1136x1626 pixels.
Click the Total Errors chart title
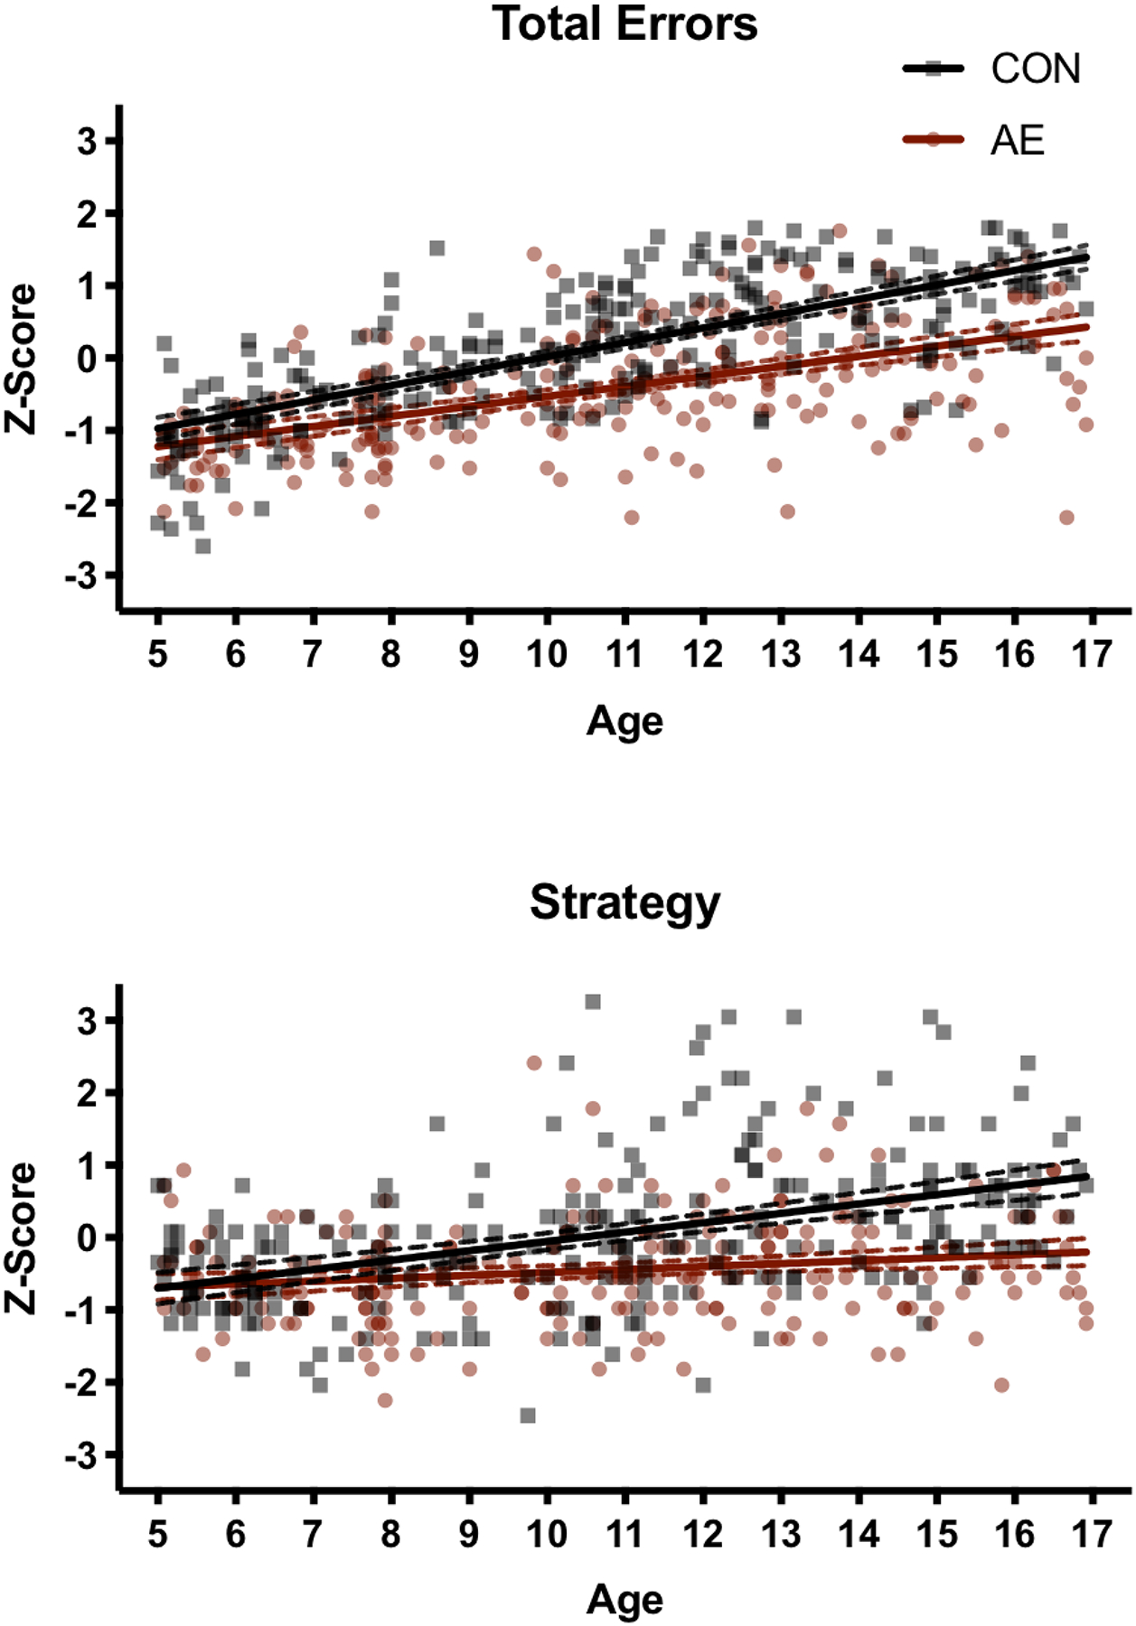625,24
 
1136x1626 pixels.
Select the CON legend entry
1035,70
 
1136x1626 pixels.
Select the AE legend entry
1018,141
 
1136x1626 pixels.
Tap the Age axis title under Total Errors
624,722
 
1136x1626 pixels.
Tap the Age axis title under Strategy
624,1601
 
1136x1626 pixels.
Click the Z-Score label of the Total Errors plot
22,359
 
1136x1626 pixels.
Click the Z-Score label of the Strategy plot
22,1238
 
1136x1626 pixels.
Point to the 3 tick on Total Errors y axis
88,142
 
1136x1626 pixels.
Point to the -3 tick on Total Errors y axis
81,575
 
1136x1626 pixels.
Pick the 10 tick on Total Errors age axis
547,653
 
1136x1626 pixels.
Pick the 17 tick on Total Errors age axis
1092,653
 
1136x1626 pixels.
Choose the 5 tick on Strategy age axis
158,1533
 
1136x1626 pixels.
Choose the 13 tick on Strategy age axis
781,1533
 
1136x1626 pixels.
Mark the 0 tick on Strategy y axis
88,1238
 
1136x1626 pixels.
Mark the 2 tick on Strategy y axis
88,1093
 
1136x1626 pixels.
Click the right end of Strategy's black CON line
1087,1176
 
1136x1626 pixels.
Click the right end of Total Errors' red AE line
1087,326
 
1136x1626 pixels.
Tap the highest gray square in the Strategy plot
593,1002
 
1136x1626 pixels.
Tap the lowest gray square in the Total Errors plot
203,547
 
